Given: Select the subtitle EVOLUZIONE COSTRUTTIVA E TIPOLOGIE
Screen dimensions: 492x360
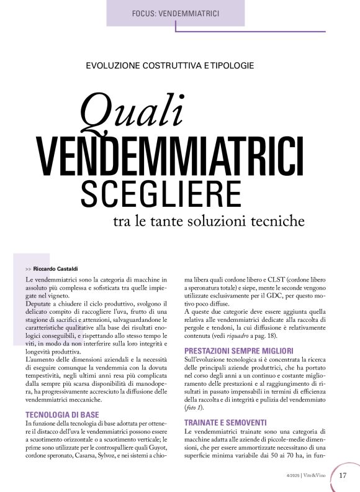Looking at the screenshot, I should click(x=170, y=65).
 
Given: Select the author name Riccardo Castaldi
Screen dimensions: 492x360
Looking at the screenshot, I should click(x=55, y=268).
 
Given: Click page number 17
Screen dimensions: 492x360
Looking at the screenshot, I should click(x=343, y=476).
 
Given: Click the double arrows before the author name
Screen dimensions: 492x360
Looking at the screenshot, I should click(x=29, y=268).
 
